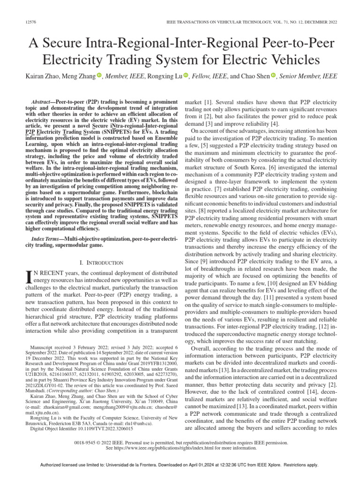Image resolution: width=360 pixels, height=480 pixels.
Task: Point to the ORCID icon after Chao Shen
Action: tap(273, 76)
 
